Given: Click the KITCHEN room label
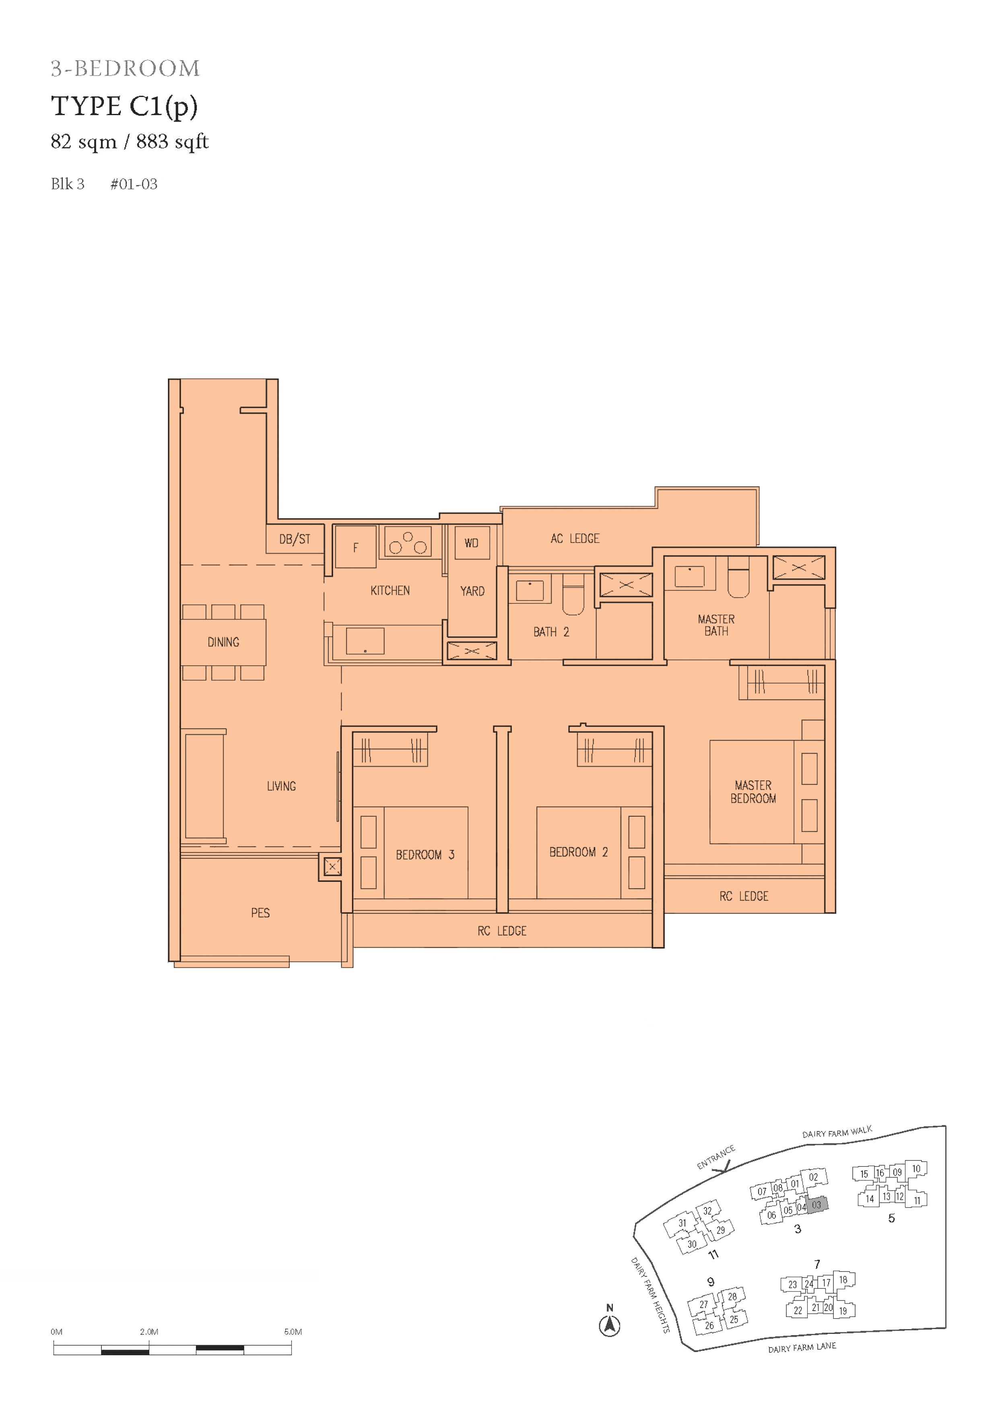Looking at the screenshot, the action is pos(390,590).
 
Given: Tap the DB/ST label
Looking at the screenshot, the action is pos(295,539).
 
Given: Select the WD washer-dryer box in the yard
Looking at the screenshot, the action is pos(472,543).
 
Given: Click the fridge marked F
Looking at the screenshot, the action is pos(355,547).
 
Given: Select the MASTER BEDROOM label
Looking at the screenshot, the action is pos(753,791).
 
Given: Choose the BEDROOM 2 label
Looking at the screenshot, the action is pos(578,852).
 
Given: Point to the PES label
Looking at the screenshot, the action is pos(260,912).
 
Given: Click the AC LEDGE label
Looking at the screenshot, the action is pos(575,539).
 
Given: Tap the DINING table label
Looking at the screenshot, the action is pos(223,642).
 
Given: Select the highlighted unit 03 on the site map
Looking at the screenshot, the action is pos(817,1205).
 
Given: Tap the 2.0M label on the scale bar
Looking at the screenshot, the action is pos(149,1331).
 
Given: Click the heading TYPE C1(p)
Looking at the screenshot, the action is pos(125,106).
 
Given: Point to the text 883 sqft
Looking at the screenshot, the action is pos(173,142).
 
